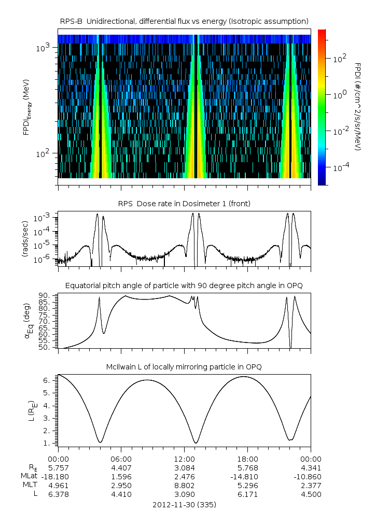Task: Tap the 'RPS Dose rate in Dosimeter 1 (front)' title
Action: [184, 204]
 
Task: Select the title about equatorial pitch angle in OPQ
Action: [184, 286]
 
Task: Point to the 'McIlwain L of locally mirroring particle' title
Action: [184, 367]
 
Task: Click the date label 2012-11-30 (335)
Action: [184, 504]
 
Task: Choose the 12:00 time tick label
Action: [184, 459]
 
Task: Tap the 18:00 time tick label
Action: [247, 459]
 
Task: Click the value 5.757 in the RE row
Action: [58, 467]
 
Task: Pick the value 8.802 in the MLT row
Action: [184, 486]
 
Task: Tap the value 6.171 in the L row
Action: [247, 494]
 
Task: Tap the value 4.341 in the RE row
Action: [310, 467]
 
